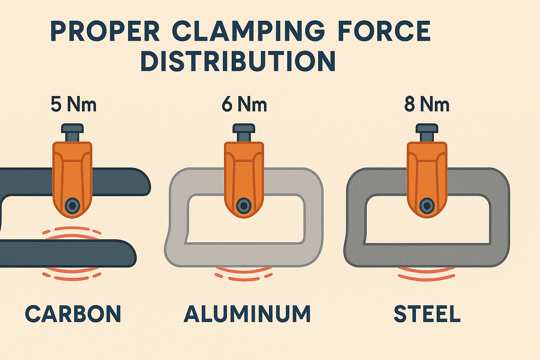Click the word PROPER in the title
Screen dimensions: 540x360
tap(105, 32)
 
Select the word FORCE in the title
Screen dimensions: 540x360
tap(384, 32)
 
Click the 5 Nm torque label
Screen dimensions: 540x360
tap(73, 104)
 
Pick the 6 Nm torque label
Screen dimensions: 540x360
tap(244, 104)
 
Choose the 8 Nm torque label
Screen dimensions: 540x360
tap(427, 104)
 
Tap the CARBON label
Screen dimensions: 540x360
tap(73, 314)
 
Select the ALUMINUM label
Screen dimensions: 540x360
tap(247, 314)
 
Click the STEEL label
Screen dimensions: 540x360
tap(427, 314)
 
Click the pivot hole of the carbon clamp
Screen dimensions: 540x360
tap(72, 205)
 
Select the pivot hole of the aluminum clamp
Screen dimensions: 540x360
tap(244, 206)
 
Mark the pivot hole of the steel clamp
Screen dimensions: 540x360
tap(427, 206)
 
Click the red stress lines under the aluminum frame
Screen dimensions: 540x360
tap(244, 275)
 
